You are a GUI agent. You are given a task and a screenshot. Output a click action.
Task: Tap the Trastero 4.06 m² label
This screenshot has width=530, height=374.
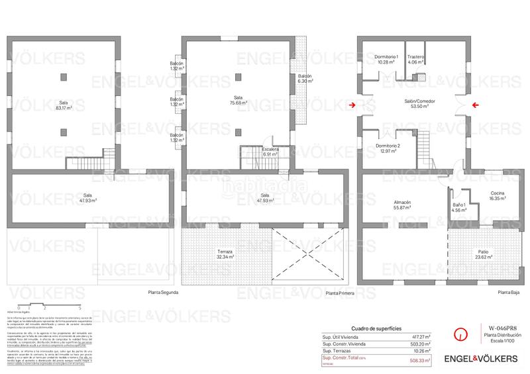[415, 60]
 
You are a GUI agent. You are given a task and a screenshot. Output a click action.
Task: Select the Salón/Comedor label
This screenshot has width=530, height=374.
[417, 103]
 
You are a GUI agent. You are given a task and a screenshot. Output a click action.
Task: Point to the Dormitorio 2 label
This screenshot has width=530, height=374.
[387, 148]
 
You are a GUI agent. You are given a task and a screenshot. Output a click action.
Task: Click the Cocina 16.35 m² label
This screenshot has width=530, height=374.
[497, 196]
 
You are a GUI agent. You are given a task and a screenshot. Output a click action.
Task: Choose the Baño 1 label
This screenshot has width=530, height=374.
[459, 209]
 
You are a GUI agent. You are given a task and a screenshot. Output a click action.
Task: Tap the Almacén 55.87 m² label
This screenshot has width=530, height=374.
[402, 205]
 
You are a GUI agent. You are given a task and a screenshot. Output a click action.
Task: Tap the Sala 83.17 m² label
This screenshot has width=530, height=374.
[64, 105]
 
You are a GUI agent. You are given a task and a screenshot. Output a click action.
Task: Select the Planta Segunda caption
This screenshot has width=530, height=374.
[163, 292]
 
